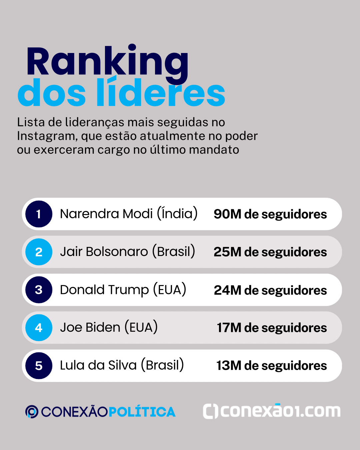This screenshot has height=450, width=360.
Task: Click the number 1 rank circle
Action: pos(39,214)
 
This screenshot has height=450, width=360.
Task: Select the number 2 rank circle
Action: pos(39,252)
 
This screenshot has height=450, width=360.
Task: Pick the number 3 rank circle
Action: pos(39,290)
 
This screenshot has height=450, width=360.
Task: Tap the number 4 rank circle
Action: pos(39,328)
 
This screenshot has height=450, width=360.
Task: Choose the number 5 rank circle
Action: pos(39,366)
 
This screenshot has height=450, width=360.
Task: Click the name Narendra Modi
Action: pos(106,214)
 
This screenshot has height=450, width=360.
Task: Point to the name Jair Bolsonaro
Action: pos(104,252)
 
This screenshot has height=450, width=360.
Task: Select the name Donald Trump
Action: pos(104,290)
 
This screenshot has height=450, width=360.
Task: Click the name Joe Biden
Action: pos(90,328)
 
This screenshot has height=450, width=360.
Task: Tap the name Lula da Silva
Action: pos(98,365)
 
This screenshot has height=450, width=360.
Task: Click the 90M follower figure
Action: pos(227,214)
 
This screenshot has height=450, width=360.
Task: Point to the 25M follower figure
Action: pos(227,252)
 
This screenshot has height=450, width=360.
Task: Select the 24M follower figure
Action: pos(227,290)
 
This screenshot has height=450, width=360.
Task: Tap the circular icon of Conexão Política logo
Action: pos(32,412)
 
